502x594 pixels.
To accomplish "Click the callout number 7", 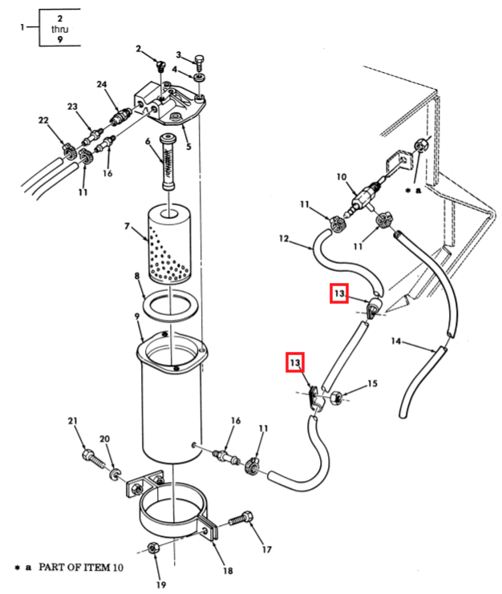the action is click(x=127, y=226).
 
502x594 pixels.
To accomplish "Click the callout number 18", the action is click(x=228, y=570).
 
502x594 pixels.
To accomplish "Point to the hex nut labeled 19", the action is click(x=152, y=548).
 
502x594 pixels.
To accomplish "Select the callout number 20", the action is click(x=104, y=438).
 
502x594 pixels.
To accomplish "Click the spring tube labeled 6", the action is click(x=168, y=161).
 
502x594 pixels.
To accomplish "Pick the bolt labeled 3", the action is click(x=199, y=63).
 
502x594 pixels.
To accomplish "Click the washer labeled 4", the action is click(x=200, y=78).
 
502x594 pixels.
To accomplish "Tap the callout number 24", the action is click(x=102, y=84).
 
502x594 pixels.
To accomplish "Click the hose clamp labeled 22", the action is click(x=69, y=150).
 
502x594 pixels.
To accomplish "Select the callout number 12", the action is click(x=284, y=239).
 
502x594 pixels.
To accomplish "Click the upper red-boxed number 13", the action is click(x=339, y=293).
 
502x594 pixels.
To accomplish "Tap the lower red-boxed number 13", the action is click(x=295, y=363).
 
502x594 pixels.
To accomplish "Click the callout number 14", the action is click(x=396, y=341).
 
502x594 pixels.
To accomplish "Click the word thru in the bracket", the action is click(x=60, y=29).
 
